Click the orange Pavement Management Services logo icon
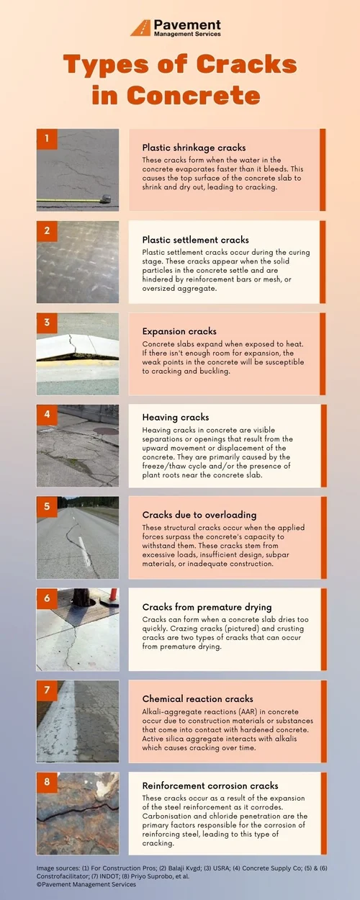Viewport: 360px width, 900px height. (140, 27)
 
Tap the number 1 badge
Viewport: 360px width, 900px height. (47, 138)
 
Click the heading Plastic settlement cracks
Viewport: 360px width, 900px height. (195, 240)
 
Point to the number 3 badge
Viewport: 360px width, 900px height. (47, 323)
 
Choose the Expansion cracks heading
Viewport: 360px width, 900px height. (179, 331)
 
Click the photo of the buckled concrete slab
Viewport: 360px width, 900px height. (78, 353)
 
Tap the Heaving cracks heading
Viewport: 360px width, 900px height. (176, 417)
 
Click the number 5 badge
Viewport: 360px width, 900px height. (47, 506)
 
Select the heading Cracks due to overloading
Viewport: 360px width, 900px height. (199, 515)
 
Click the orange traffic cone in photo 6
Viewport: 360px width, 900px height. (112, 597)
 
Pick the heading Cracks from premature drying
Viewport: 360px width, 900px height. (207, 607)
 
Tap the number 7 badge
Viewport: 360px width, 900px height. (47, 690)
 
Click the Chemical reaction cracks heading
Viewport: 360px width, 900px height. (197, 699)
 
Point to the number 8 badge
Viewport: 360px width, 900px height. (47, 782)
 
